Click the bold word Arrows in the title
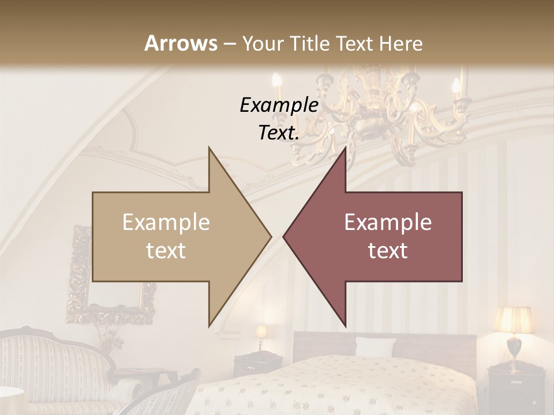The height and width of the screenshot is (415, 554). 181,43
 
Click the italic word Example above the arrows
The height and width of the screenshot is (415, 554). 279,105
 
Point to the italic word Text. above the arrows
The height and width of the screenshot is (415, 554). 279,133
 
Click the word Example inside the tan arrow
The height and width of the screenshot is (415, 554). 166,222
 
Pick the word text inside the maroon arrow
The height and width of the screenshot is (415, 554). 388,251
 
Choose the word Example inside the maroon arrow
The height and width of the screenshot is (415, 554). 388,222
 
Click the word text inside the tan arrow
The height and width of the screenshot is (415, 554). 166,251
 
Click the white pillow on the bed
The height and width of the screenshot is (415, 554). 375,347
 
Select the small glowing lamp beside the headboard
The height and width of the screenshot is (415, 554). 261,333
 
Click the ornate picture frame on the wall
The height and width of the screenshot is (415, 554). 110,277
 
